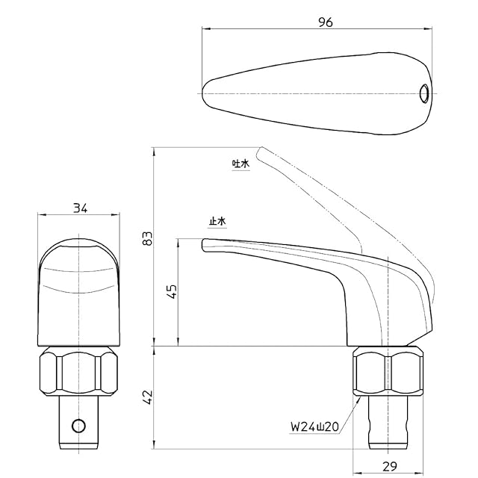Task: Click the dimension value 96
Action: [x=326, y=22]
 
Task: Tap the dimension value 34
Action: [x=80, y=208]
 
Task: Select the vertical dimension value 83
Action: [x=147, y=238]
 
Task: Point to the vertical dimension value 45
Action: [x=172, y=291]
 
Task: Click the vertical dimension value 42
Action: [x=147, y=397]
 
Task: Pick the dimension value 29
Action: [x=390, y=466]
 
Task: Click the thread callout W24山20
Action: [x=314, y=426]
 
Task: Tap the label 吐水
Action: [x=240, y=164]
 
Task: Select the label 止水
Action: [x=217, y=221]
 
